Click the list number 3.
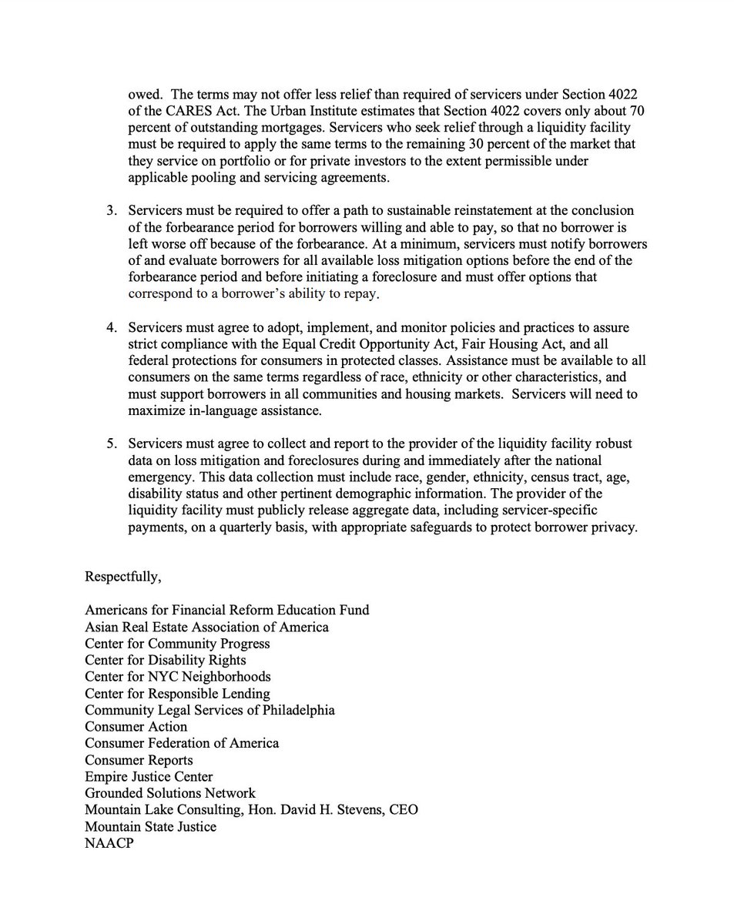click(x=111, y=210)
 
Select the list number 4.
click(x=111, y=329)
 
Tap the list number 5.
click(x=111, y=444)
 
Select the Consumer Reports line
click(x=139, y=760)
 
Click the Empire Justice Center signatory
click(x=149, y=776)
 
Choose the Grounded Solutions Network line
click(x=169, y=793)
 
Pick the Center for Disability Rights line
click(x=166, y=660)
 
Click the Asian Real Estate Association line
click(x=206, y=627)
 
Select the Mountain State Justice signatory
click(x=150, y=826)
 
